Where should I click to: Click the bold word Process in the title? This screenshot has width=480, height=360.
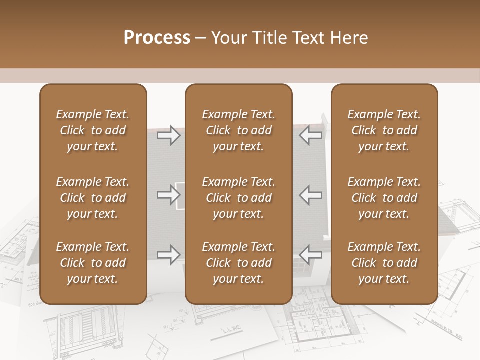coord(157,38)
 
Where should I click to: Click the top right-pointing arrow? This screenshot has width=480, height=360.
coord(168,135)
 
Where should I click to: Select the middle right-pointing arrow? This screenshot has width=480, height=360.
coord(168,195)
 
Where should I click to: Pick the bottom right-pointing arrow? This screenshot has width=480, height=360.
coord(168,254)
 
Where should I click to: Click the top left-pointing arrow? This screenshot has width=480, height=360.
coord(310,135)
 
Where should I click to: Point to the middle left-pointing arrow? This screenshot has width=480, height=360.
coord(310,195)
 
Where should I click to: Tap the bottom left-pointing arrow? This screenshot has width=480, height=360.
coord(310,254)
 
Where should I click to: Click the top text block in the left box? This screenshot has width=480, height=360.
coord(93,130)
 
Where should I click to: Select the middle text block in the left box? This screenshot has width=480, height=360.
coord(93,198)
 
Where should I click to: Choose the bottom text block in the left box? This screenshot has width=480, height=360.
coord(93,263)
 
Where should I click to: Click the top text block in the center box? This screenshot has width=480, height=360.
coord(238,130)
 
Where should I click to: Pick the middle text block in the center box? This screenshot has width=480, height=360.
coord(238,198)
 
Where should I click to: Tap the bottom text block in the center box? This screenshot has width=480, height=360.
coord(238,263)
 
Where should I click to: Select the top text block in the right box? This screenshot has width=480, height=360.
coord(384,130)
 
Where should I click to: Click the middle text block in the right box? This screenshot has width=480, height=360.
coord(384,198)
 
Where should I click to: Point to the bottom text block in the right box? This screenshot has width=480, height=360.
coord(384,263)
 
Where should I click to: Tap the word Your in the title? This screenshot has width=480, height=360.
coord(228,38)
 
